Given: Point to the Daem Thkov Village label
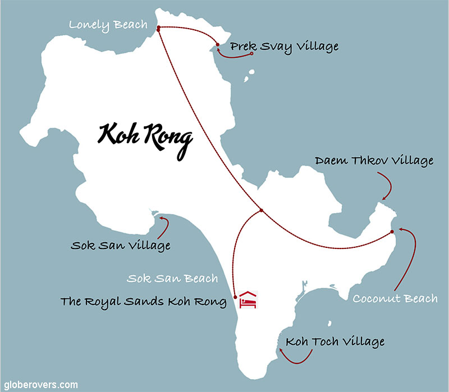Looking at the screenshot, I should [375, 162].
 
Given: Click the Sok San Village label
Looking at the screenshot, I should [121, 245].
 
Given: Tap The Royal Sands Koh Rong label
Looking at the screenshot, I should [143, 302].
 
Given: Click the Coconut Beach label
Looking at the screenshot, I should [395, 298].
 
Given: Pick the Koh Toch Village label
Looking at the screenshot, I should [335, 342].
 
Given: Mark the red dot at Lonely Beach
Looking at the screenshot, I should [159, 28].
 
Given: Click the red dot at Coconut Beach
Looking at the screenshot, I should [392, 231].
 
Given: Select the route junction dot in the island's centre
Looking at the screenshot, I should [261, 211].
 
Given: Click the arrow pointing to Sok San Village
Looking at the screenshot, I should [165, 224].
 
